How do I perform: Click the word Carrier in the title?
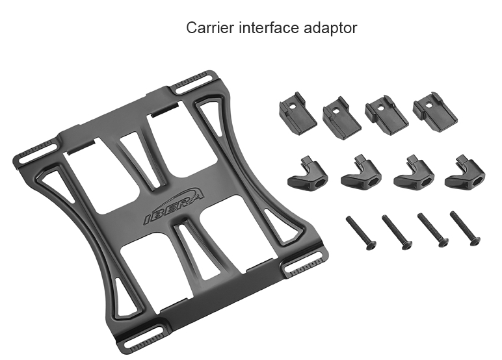coord(210,27)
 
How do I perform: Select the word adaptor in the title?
coord(330,28)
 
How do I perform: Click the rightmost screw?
coord(465,228)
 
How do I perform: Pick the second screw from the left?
coord(397,232)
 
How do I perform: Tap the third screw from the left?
coord(433,229)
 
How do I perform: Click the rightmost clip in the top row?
coord(435,110)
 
